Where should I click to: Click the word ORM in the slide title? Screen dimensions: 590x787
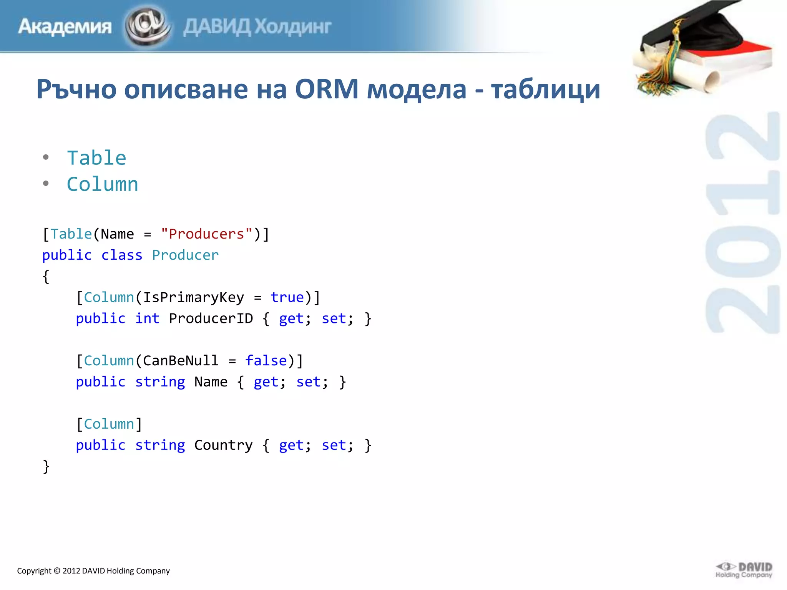click(327, 89)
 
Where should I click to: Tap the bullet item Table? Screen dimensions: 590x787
click(96, 158)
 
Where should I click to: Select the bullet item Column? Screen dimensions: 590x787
click(102, 184)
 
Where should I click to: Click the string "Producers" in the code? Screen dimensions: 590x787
click(206, 234)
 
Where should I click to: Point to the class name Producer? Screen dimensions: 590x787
click(185, 255)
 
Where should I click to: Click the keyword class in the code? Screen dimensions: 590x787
click(122, 255)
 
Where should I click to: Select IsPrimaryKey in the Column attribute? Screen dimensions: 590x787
click(193, 297)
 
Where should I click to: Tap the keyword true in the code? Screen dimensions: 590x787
click(287, 297)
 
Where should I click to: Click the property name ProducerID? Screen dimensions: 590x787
click(211, 318)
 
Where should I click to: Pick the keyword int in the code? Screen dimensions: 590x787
click(147, 318)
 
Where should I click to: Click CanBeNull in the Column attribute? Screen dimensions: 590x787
click(181, 361)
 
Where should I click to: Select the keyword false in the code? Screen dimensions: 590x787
click(266, 361)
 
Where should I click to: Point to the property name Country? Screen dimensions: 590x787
click(223, 445)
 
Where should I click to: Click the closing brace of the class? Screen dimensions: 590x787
click(46, 466)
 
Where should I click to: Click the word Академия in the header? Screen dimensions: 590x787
click(65, 27)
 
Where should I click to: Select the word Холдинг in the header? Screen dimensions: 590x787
click(293, 27)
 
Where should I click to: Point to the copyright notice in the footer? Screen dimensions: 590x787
click(93, 571)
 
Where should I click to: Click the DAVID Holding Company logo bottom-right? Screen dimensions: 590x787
click(744, 570)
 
